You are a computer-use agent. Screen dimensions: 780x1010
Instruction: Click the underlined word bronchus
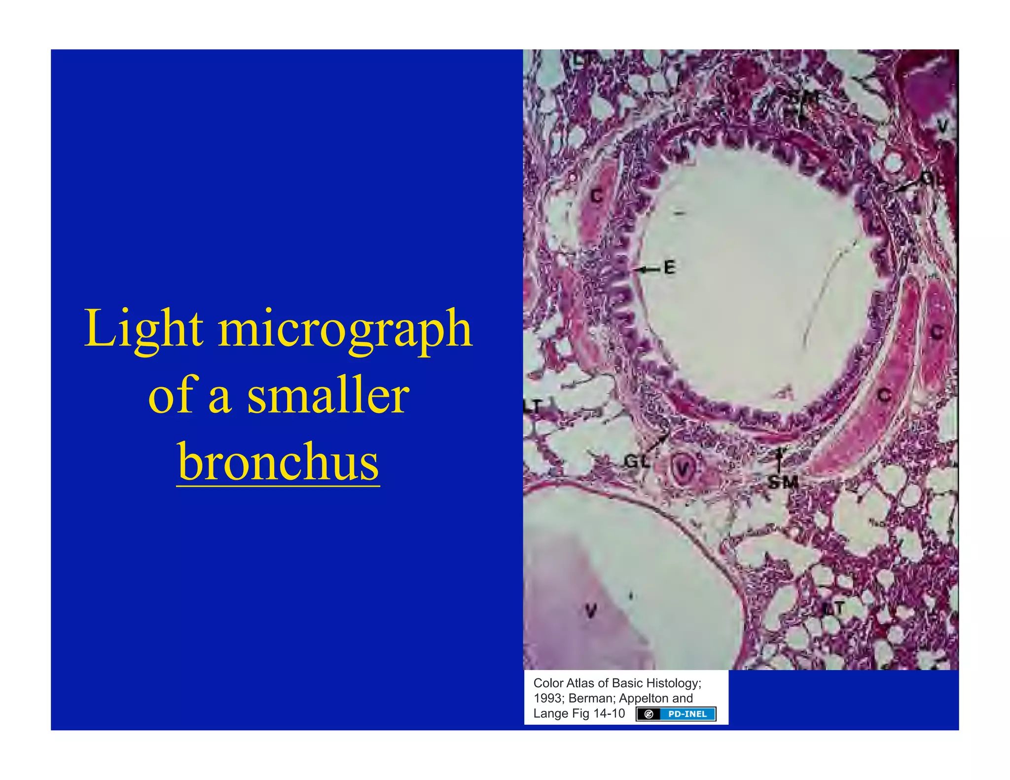(x=278, y=462)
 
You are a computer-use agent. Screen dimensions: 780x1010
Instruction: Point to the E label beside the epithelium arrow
(x=669, y=268)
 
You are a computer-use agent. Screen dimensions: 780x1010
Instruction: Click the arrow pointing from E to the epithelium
(x=647, y=269)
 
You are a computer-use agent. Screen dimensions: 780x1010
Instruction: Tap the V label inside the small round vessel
(x=683, y=469)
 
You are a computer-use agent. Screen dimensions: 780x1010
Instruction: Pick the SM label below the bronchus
(x=783, y=482)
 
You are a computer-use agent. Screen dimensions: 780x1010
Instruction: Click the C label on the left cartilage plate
(x=597, y=196)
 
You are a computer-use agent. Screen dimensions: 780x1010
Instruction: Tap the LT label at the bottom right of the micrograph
(x=833, y=608)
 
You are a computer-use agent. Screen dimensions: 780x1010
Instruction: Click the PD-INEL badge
(x=676, y=714)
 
